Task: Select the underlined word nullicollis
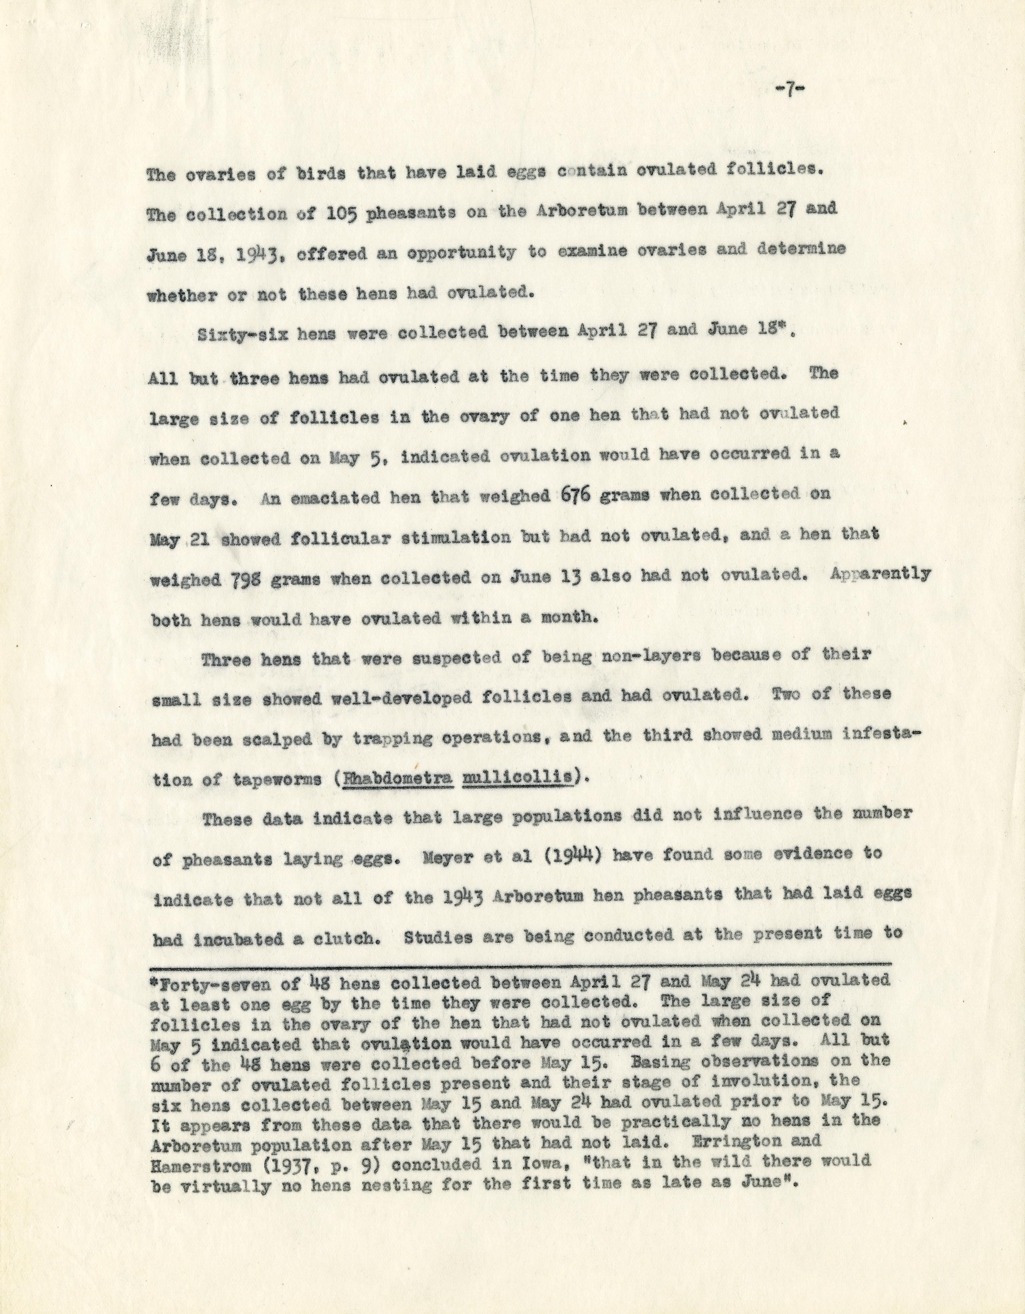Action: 517,778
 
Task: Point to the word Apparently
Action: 880,575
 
